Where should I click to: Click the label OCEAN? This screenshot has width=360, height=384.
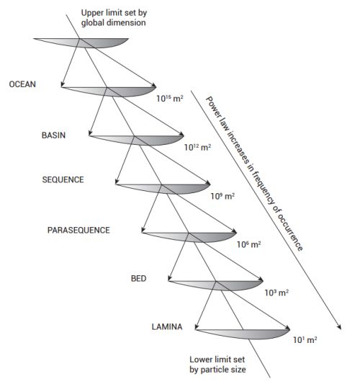pos(22,84)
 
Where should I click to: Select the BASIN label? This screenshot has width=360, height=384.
pos(55,135)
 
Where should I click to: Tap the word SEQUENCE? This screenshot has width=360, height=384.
pos(63,179)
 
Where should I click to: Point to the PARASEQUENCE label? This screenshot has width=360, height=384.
pos(78,230)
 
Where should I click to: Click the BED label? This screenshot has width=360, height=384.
pos(139,277)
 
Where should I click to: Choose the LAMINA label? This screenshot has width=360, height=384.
pos(167,326)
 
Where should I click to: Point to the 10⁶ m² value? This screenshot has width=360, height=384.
pos(248,244)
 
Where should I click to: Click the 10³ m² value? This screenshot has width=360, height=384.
pos(276,293)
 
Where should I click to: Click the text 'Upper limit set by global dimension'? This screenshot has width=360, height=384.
pos(115,17)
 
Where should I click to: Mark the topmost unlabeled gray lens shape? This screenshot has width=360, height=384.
pos(86,43)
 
